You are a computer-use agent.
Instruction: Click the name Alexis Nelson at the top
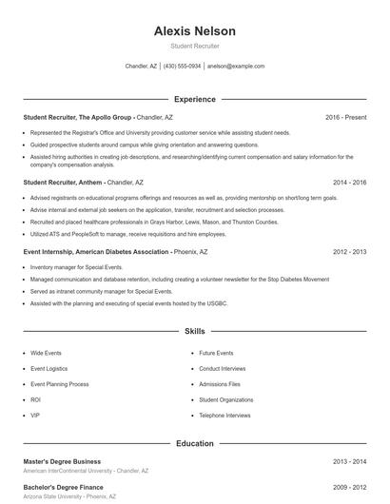[194, 31]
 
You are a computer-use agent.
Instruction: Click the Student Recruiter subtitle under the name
[194, 46]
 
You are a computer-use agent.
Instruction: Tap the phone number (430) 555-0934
[182, 67]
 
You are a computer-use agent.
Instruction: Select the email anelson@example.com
[235, 67]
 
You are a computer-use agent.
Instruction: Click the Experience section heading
[194, 99]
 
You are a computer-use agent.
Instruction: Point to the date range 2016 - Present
[345, 117]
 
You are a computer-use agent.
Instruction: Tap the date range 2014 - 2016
[349, 182]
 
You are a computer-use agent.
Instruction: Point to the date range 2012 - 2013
[349, 252]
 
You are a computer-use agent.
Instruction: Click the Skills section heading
[194, 331]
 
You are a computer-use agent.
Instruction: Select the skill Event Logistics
[49, 368]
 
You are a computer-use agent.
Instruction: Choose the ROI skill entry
[35, 399]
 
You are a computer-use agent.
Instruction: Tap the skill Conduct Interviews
[222, 368]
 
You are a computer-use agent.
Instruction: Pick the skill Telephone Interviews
[224, 416]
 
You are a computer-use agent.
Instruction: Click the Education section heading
[194, 443]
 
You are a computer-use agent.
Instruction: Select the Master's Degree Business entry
[62, 461]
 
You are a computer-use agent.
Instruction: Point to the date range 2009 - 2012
[349, 487]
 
